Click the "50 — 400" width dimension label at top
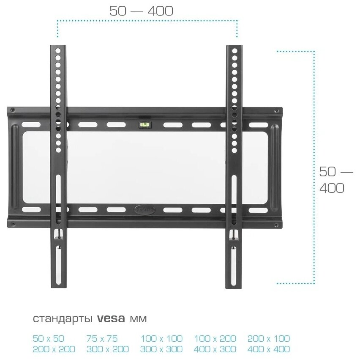141,11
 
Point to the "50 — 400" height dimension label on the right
335,180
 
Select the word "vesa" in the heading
111,318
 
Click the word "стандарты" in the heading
63,318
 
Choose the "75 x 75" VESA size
102,338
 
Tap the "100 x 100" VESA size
161,338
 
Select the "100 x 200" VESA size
215,338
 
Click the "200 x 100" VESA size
269,338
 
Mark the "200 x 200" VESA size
54,349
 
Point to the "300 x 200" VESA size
107,349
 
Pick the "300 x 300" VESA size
161,349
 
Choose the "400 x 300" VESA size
215,349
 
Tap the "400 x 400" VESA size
269,349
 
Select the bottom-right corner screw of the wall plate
277,223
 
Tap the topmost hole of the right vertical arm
234,49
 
